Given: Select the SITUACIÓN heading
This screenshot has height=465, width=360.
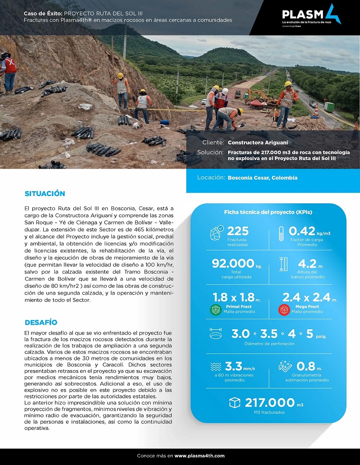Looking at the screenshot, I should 45,194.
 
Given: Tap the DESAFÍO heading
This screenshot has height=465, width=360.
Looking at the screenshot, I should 41,322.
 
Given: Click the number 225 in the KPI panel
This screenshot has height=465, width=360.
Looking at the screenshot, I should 238,231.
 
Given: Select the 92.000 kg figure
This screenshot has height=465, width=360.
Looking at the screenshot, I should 233,264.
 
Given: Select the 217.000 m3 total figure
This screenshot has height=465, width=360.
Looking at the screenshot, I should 270,402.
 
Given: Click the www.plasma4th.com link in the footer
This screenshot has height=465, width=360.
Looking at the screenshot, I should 199,456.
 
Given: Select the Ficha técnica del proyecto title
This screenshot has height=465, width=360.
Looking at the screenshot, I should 268,212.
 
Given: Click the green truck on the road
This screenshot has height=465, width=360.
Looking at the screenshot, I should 329,107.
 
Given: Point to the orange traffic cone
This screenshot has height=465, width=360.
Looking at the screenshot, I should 316,111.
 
